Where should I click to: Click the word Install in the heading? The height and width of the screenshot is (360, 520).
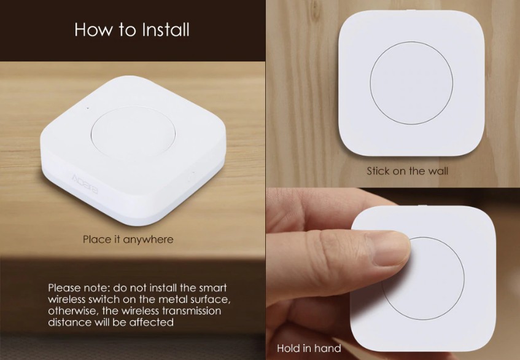tap(166, 29)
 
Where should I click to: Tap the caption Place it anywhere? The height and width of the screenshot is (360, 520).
tap(128, 240)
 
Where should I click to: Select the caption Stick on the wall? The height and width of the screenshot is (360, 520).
tap(407, 171)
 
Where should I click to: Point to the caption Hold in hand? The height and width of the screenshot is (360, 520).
tap(309, 348)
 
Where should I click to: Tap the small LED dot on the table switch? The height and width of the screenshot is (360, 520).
tap(88, 108)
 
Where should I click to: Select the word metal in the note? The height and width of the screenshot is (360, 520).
tap(174, 299)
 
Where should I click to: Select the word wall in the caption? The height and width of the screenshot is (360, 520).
tap(438, 171)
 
